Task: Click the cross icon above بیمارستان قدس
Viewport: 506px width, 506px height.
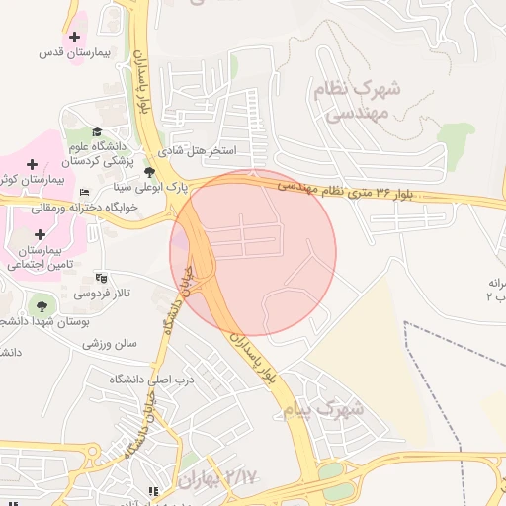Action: (74, 37)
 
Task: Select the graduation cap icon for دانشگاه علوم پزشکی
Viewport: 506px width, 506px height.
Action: (97, 131)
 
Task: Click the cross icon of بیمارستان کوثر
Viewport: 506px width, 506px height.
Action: (33, 163)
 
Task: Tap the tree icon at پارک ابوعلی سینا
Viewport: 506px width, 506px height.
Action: (149, 171)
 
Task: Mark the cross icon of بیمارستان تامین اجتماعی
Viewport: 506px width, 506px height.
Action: (40, 234)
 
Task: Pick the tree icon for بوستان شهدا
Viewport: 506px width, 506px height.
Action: (41, 305)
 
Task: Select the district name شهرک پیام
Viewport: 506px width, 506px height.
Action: (322, 407)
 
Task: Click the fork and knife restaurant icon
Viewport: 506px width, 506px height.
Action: (152, 491)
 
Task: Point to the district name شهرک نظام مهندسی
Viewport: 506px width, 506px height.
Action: (357, 100)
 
